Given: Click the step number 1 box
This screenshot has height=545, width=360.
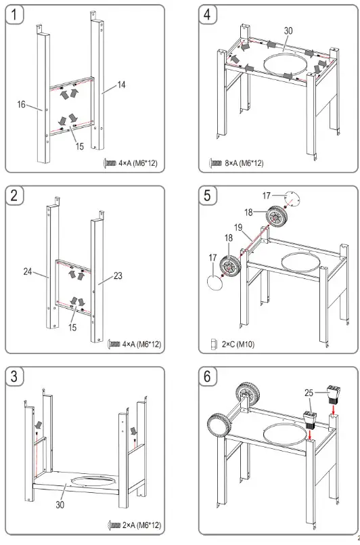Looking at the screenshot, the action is (14, 15).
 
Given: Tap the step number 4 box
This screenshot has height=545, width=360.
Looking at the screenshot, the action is (208, 15).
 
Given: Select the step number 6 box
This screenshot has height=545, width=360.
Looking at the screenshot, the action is (208, 376).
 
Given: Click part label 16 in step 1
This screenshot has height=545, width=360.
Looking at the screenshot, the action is (22, 104).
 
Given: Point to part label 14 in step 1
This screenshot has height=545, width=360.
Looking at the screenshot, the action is (121, 85).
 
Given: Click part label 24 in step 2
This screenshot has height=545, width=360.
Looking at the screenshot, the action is (28, 271).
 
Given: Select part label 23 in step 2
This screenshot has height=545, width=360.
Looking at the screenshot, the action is (118, 276).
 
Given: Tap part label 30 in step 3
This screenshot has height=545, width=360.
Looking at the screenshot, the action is (60, 504).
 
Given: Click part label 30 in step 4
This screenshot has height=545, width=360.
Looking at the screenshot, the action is (288, 31).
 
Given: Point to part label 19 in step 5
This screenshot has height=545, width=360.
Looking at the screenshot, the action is (238, 228).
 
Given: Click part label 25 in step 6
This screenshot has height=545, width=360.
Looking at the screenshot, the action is (309, 393).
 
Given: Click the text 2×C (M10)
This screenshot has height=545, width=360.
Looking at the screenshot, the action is (238, 345).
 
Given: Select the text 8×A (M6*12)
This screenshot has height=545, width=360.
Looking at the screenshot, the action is (244, 162).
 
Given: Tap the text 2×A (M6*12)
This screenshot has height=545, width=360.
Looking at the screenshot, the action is (142, 525).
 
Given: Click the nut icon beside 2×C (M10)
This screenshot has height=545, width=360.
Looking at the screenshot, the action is (213, 345).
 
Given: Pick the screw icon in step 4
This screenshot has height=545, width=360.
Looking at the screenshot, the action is (215, 162).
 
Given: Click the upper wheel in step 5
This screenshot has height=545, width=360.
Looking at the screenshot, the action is (277, 216).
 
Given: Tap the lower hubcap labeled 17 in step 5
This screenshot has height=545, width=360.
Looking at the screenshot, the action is (215, 282).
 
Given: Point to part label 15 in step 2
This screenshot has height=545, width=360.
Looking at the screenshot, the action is (72, 328).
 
